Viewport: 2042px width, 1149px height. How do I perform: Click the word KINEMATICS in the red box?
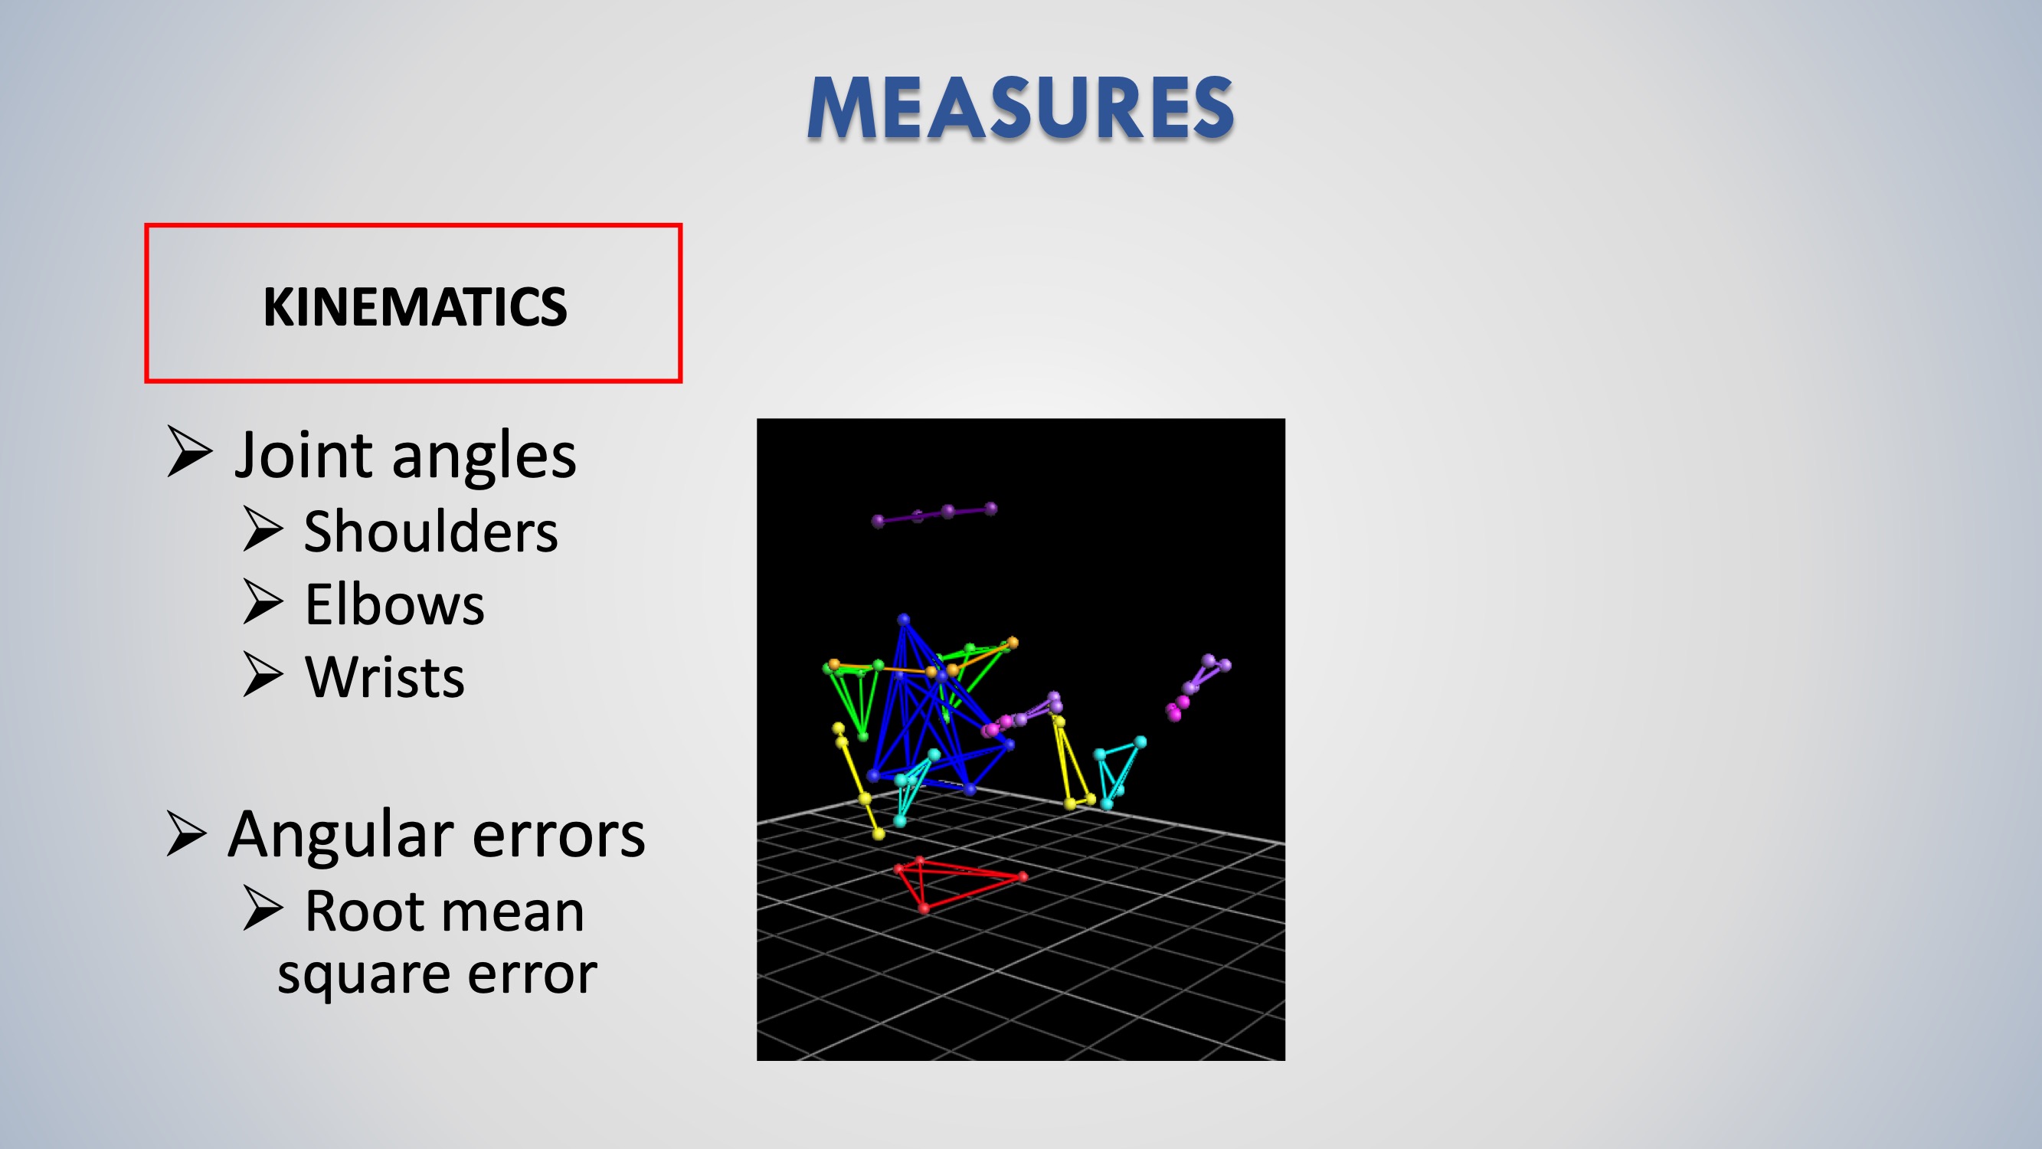[414, 307]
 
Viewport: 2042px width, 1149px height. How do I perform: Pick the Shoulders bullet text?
[430, 532]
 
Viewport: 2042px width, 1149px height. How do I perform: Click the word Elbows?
[394, 604]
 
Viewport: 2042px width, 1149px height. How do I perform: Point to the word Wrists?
[385, 677]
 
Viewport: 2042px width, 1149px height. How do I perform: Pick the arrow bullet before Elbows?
[263, 602]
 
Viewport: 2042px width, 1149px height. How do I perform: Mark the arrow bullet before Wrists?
[263, 675]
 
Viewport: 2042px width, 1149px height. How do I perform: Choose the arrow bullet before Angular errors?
[188, 833]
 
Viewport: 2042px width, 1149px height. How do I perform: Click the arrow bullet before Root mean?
[263, 908]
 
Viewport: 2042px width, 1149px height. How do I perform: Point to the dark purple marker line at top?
[934, 515]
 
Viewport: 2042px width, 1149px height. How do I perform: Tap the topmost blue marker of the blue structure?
[904, 619]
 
